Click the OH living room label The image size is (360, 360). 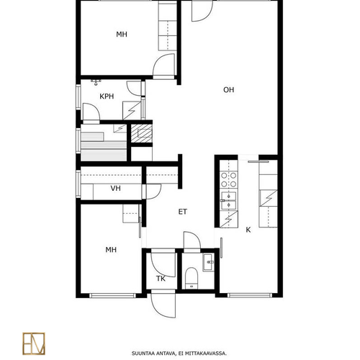(x=228, y=90)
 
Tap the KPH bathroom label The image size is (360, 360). (x=107, y=96)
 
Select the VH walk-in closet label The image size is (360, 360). (x=115, y=188)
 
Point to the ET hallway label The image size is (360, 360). (x=183, y=212)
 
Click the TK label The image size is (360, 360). (x=161, y=279)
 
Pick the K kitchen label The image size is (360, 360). (x=248, y=230)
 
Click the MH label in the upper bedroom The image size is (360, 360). (x=122, y=35)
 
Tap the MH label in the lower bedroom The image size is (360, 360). (x=111, y=250)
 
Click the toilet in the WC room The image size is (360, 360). (x=192, y=278)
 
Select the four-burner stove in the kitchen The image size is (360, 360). (x=229, y=179)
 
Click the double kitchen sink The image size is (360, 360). (x=229, y=201)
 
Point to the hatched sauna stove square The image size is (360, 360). (x=142, y=133)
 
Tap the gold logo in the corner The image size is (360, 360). (x=34, y=343)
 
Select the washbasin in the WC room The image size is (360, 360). (x=208, y=262)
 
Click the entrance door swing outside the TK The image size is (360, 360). (x=163, y=305)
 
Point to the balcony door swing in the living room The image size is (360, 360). (x=202, y=11)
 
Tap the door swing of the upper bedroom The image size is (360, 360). (x=163, y=65)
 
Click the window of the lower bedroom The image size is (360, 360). (x=112, y=295)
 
